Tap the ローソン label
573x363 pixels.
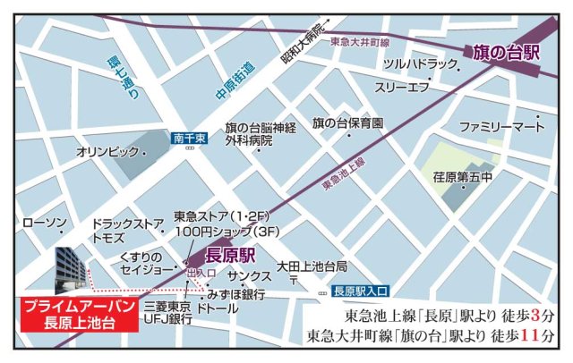43,222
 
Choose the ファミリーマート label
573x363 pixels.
501,128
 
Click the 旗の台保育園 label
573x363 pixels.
347,122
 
